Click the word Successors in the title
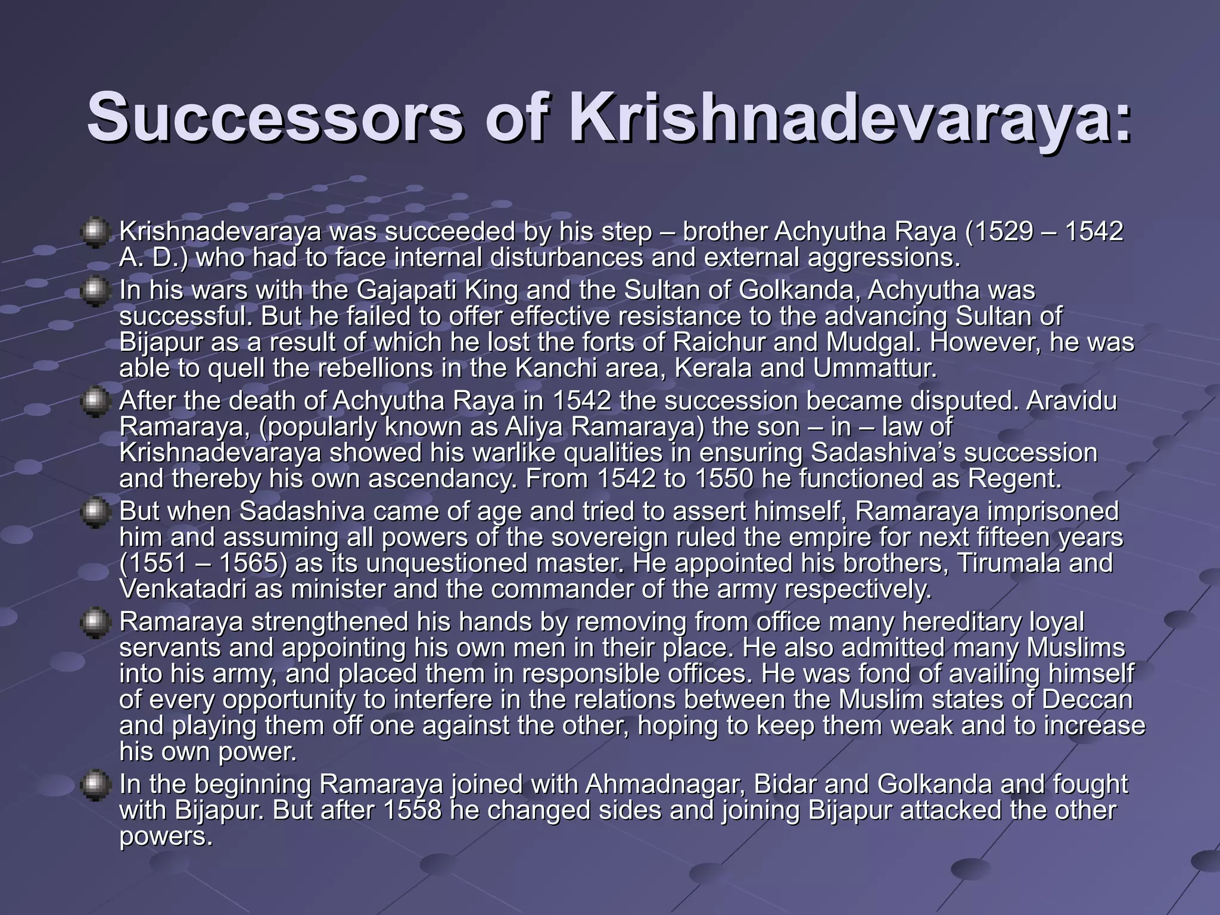(275, 117)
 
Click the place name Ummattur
(875, 368)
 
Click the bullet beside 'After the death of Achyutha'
(94, 402)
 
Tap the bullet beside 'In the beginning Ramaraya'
(94, 785)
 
